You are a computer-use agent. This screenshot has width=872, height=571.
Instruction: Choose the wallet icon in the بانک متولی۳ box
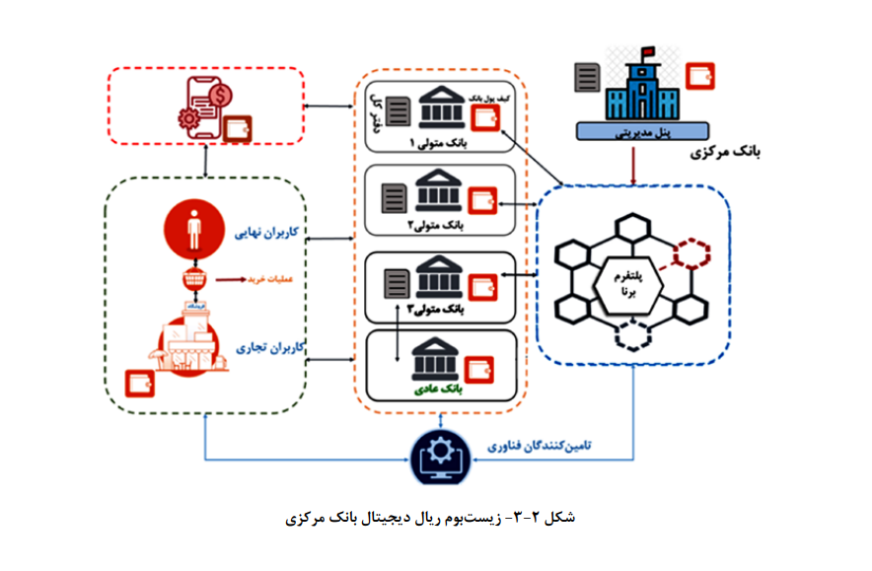[x=484, y=285]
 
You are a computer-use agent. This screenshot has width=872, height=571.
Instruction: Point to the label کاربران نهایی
[x=266, y=234]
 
